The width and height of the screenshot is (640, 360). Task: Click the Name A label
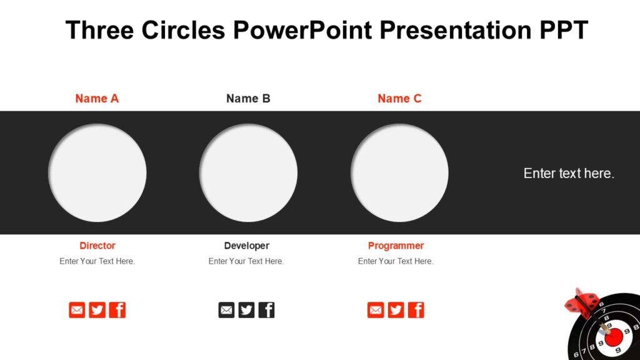coord(97,98)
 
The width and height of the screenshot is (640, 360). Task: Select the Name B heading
coord(248,98)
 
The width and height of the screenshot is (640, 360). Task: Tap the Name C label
coord(399,98)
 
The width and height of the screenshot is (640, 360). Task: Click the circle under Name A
coord(97,173)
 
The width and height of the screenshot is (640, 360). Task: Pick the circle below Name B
coord(248,173)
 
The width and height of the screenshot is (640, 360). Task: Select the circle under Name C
coord(399,173)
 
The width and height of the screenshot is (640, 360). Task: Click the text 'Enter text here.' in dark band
coord(569,174)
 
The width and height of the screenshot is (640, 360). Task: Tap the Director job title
coord(97,246)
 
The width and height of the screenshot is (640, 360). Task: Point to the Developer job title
coord(246,246)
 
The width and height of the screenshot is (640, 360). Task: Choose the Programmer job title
coord(396,246)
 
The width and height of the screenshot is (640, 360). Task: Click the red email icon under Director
coord(77,310)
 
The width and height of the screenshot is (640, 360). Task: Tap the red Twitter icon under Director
coord(97,310)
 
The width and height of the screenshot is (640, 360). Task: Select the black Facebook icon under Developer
coord(267,310)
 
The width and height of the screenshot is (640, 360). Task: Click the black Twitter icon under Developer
coord(246,310)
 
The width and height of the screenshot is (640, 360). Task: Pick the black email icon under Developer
coord(226,310)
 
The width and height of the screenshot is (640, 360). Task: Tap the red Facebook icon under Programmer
coord(416,310)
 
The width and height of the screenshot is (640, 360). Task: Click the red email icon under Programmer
coord(376,310)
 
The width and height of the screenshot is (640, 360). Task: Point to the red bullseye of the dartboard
coord(614,337)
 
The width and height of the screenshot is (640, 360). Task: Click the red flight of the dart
coord(582,303)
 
